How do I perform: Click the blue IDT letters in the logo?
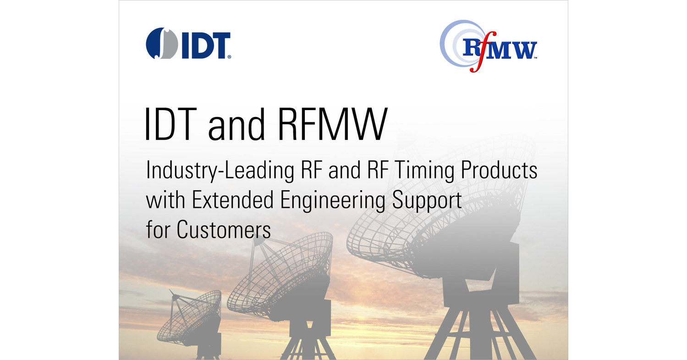click(x=206, y=45)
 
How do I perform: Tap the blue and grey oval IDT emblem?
click(x=162, y=43)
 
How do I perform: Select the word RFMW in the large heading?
click(x=332, y=124)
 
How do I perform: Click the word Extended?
click(x=232, y=200)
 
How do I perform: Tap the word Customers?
click(x=224, y=230)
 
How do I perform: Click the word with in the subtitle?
click(x=165, y=200)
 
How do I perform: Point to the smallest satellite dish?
click(x=191, y=322)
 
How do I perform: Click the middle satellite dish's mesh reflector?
click(x=280, y=273)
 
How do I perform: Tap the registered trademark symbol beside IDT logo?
click(x=229, y=57)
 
